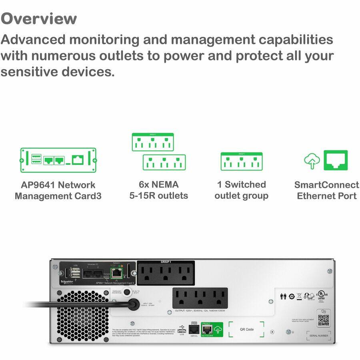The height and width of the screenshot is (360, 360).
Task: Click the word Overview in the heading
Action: pyautogui.click(x=39, y=19)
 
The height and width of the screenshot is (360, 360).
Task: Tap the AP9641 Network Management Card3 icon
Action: pyautogui.click(x=58, y=160)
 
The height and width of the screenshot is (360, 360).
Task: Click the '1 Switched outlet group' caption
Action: pyautogui.click(x=241, y=190)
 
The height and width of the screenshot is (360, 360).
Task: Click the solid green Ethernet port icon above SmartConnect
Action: pyautogui.click(x=336, y=160)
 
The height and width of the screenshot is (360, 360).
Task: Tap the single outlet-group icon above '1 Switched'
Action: pyautogui.click(x=241, y=161)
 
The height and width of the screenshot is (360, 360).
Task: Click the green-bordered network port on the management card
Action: pyautogui.click(x=116, y=273)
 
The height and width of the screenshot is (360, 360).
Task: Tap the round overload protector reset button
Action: pyautogui.click(x=127, y=292)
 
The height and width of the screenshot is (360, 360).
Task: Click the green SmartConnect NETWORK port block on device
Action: pyautogui.click(x=212, y=329)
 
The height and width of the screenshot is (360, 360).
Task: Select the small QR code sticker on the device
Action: pyautogui.click(x=323, y=320)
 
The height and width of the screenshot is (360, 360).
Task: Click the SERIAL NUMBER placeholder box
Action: pyautogui.click(x=319, y=335)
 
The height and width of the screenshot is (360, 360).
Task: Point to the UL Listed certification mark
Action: pyautogui.click(x=321, y=296)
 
